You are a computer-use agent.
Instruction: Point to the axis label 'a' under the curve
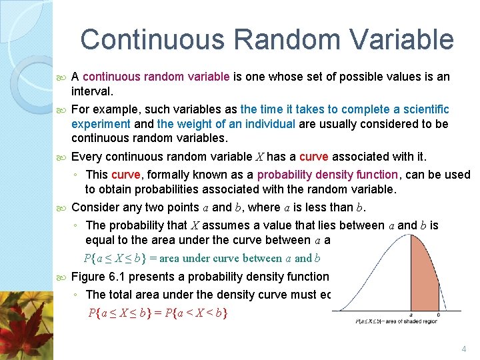click(410, 316)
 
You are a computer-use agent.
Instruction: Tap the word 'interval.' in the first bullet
click(93, 90)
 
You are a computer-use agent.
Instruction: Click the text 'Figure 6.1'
click(97, 277)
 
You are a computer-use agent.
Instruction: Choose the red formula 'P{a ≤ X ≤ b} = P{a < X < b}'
click(157, 312)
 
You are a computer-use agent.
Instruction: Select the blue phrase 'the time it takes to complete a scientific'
click(345, 109)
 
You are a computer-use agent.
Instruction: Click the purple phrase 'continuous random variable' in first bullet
click(157, 77)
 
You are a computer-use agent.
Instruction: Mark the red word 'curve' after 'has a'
click(314, 157)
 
